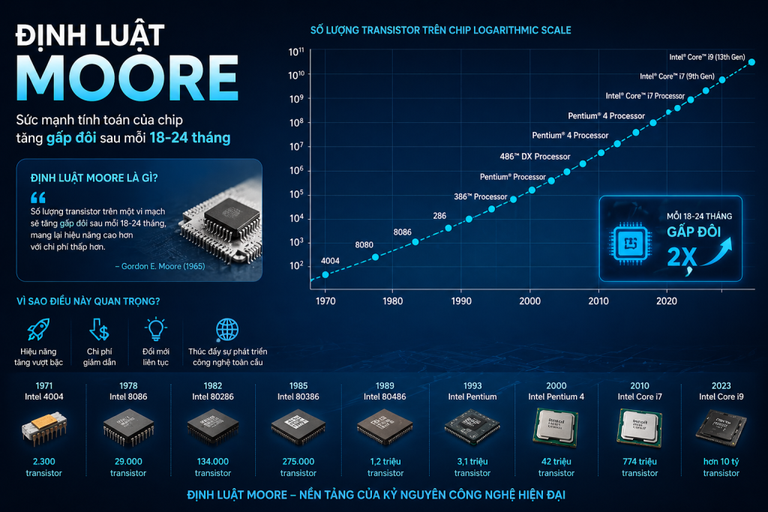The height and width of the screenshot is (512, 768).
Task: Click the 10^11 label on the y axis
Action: (295, 52)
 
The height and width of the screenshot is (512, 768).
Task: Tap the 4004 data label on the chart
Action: (330, 260)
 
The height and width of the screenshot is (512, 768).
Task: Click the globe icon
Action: (226, 331)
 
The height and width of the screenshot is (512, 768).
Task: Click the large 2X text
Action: (682, 257)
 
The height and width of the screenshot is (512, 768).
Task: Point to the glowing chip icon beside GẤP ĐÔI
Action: (631, 241)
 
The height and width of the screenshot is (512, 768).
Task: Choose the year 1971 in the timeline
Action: (43, 386)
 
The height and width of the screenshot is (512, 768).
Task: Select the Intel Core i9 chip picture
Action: (721, 427)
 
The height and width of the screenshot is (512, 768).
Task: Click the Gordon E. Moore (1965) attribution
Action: (159, 266)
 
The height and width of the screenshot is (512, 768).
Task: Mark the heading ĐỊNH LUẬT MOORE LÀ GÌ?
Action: (99, 178)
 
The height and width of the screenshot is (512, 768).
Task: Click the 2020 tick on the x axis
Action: (666, 301)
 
